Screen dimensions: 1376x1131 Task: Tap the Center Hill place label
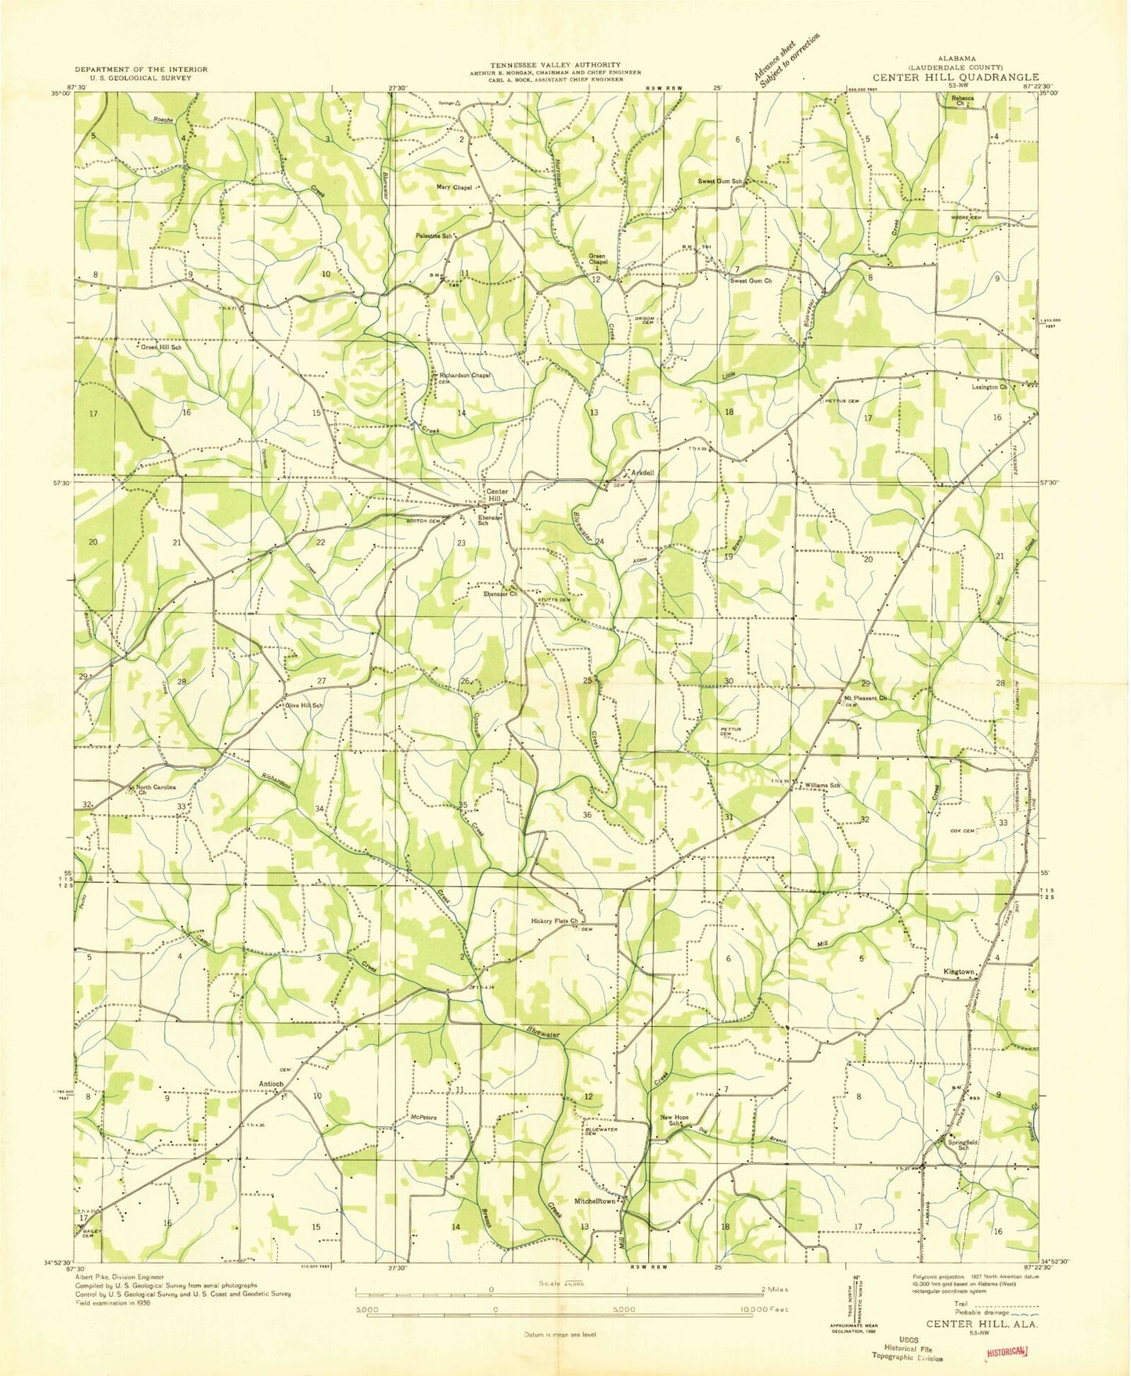coord(497,495)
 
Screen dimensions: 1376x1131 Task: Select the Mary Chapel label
coord(454,188)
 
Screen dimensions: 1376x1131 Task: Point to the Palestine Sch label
coord(437,236)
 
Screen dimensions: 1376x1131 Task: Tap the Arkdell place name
coord(642,473)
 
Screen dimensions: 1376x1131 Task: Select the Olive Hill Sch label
coord(304,705)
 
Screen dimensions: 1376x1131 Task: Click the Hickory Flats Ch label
coord(553,920)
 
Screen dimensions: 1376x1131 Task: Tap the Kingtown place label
coord(959,971)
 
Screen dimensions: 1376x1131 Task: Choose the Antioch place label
coord(271,1084)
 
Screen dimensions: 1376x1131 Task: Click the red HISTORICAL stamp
coord(1007,1352)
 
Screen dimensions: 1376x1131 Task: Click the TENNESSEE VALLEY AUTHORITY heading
coord(555,65)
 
